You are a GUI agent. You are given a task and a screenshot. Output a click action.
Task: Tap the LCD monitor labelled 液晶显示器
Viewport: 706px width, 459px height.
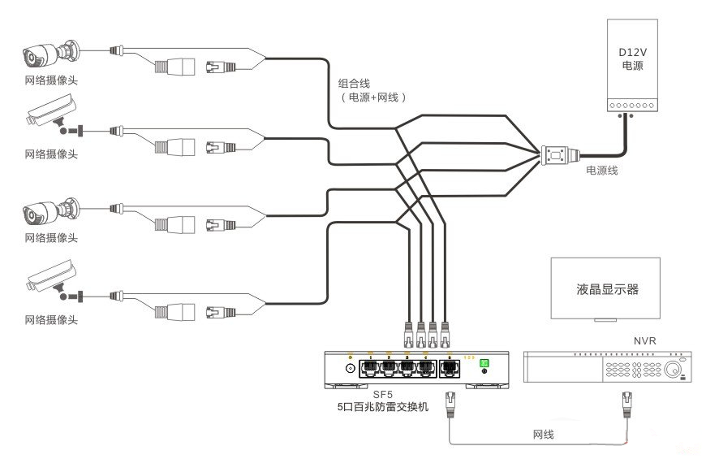coord(605,288)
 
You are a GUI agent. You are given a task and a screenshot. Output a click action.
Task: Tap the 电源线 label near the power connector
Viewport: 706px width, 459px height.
coord(603,171)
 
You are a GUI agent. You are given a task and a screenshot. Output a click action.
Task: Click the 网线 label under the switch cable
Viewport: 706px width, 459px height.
coord(542,435)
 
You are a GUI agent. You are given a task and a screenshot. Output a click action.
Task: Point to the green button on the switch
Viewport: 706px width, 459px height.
coord(485,363)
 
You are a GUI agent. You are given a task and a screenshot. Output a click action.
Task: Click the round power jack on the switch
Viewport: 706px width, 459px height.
coord(351,368)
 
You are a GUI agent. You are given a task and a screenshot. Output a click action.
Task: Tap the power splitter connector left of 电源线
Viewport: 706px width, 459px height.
coord(559,154)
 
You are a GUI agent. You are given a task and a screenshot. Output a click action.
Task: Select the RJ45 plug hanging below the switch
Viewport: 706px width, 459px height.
coord(451,401)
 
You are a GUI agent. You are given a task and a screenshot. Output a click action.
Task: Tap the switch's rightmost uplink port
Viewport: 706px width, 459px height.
coord(450,367)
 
